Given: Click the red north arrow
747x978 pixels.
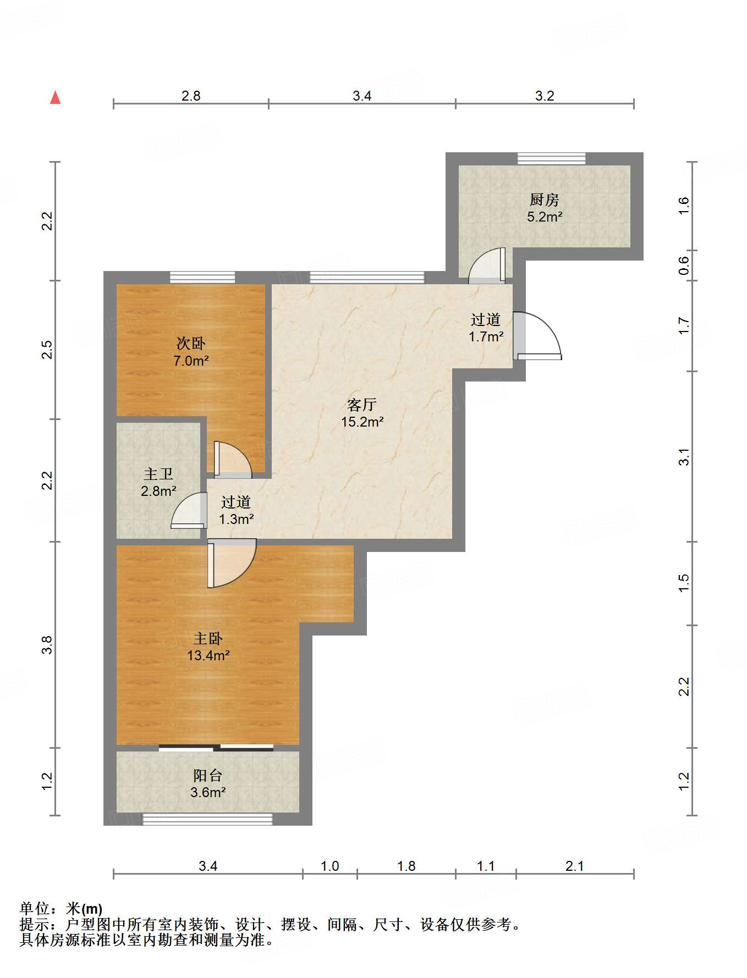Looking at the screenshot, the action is [55, 97].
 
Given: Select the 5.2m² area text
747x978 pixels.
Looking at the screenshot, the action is [545, 217].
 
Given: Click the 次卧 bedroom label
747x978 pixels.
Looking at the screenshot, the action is [191, 344].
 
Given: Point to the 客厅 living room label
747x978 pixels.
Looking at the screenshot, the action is [362, 405].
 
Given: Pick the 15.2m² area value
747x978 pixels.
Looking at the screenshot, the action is [362, 422].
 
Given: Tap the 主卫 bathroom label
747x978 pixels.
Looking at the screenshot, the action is [158, 474].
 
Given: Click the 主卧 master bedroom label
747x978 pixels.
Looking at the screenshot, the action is [208, 638].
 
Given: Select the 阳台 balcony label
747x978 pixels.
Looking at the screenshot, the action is [208, 775].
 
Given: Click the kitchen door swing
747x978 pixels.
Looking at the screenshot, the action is [487, 266].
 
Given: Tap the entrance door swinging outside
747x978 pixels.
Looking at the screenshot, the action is [537, 336].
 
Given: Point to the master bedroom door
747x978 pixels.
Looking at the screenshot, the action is [232, 563].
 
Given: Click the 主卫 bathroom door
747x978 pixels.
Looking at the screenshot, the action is [189, 511].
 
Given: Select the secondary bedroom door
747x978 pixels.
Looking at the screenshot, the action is [233, 460].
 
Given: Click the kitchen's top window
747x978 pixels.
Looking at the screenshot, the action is [552, 158].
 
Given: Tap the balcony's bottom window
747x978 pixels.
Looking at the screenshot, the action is [208, 819].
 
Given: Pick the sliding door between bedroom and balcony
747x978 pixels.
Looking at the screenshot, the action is [216, 748].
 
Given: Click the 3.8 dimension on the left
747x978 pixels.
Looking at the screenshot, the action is [48, 644].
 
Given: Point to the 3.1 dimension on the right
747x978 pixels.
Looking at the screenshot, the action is [684, 457].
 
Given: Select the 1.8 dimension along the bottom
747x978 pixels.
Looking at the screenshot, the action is [407, 866].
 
